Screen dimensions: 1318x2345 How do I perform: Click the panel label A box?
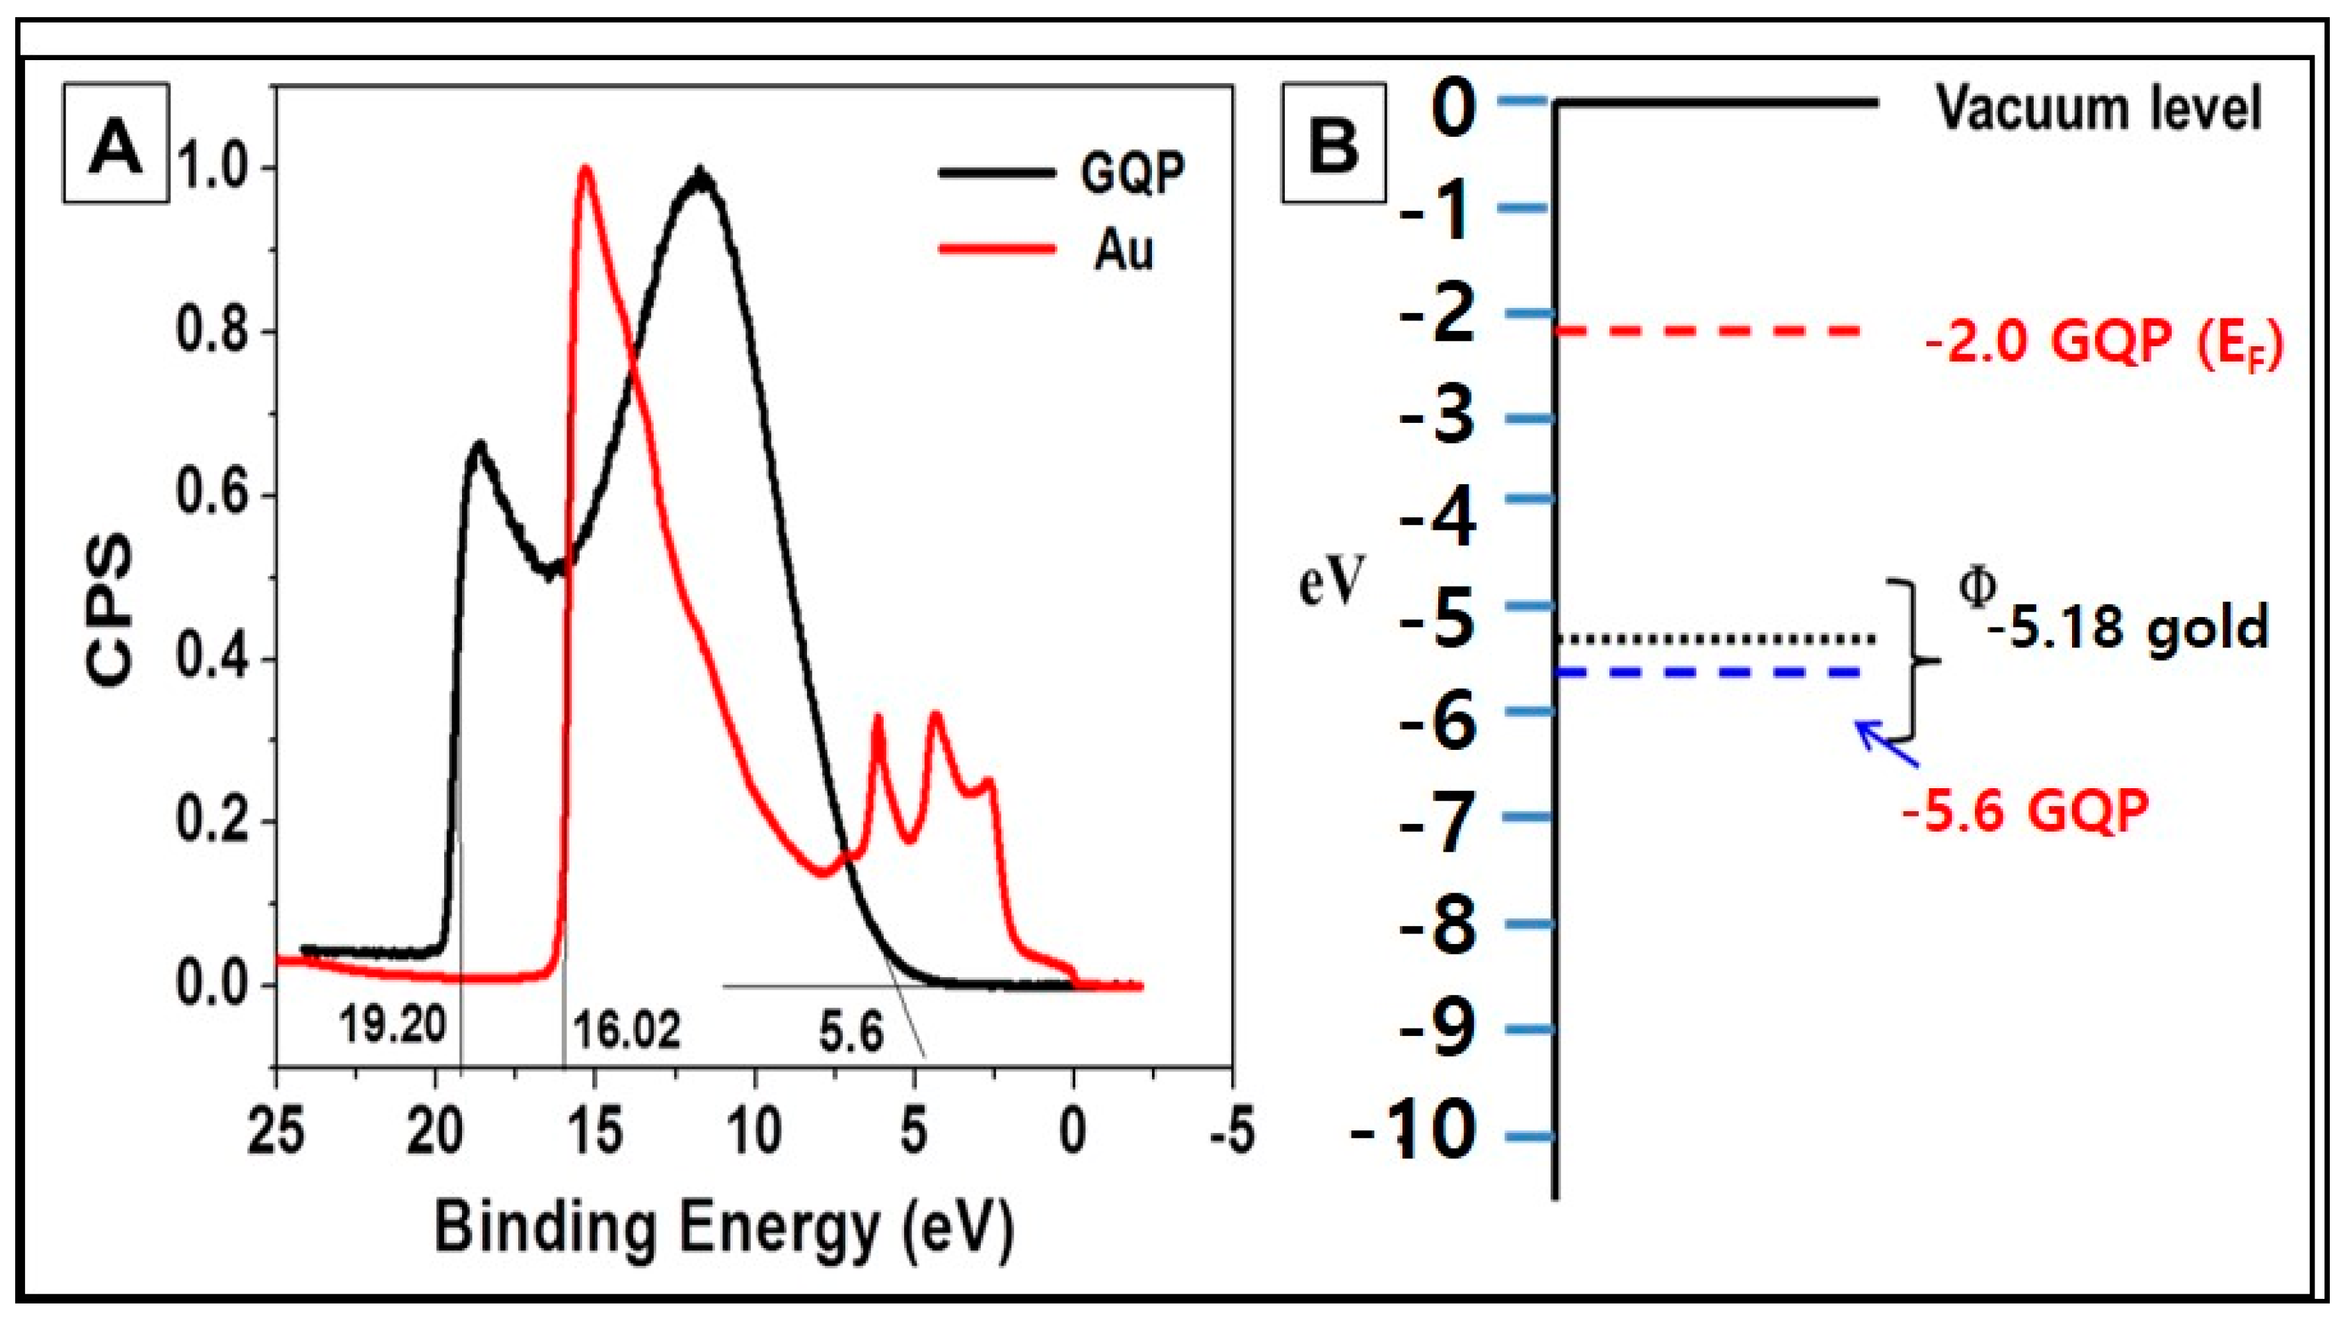coord(116,143)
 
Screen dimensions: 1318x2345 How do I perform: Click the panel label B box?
coord(1334,143)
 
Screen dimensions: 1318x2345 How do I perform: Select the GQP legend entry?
coord(1061,172)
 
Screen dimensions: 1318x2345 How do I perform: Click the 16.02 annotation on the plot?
coord(627,1031)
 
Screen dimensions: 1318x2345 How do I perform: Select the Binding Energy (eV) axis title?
coord(724,1229)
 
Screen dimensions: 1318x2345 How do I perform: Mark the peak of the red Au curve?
coord(586,169)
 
